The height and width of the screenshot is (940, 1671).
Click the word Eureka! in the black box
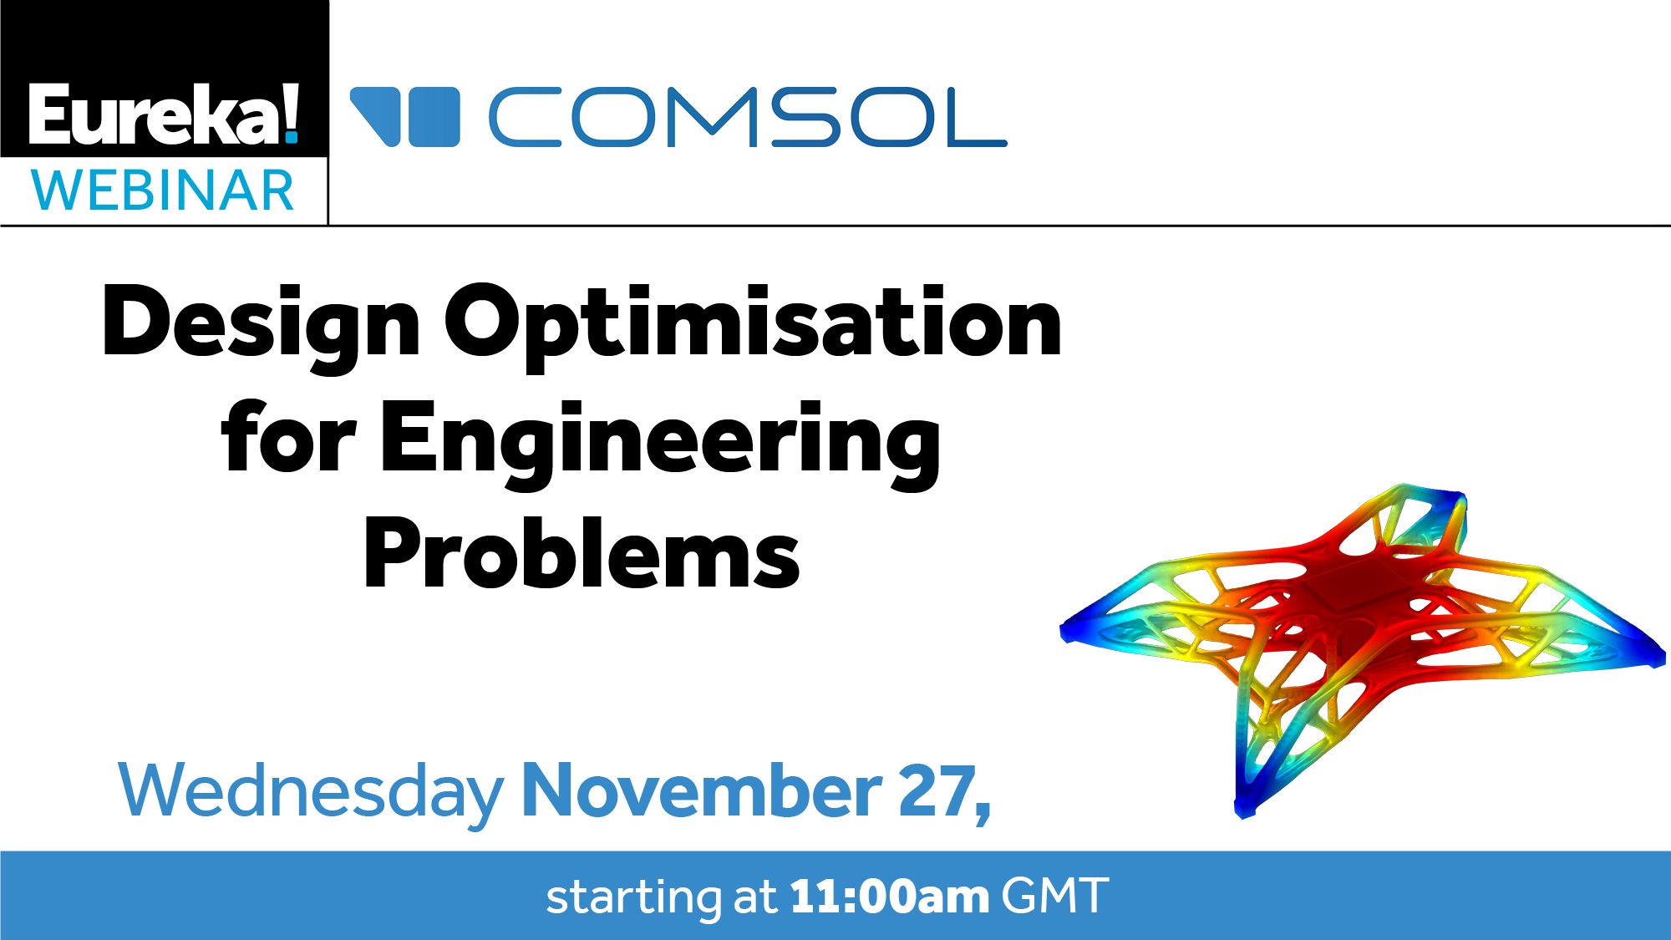pyautogui.click(x=164, y=114)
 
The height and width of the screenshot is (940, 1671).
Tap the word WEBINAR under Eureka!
pyautogui.click(x=163, y=191)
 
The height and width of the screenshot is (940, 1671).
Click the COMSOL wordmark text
pyautogui.click(x=748, y=117)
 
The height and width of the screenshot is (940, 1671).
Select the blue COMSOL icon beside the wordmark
pyautogui.click(x=404, y=117)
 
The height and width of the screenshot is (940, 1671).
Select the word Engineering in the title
pyautogui.click(x=661, y=444)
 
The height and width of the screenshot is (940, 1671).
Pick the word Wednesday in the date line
pyautogui.click(x=311, y=791)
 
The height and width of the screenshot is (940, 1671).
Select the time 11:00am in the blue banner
pyautogui.click(x=890, y=897)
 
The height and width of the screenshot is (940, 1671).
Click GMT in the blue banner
pyautogui.click(x=1055, y=897)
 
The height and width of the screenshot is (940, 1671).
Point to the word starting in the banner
pyautogui.click(x=633, y=898)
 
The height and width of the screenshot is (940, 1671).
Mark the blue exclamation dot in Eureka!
pyautogui.click(x=291, y=136)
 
